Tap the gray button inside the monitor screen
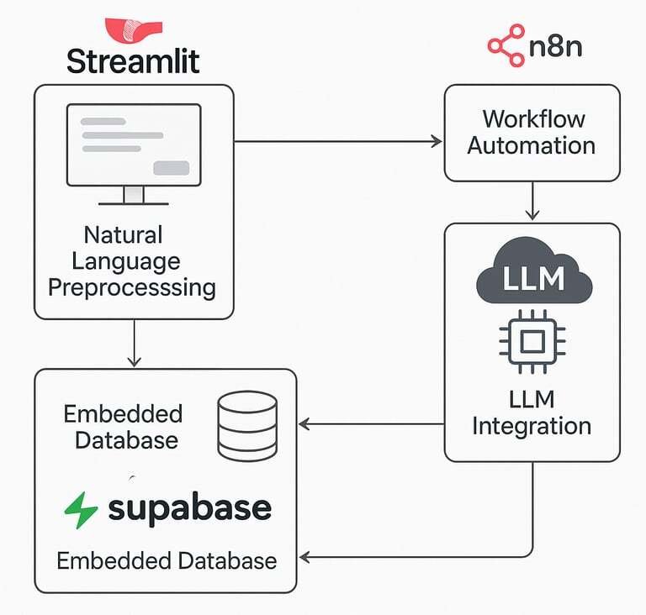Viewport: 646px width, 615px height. tap(171, 167)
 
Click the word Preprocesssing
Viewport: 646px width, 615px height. tap(132, 287)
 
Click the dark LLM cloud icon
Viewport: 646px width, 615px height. tap(532, 273)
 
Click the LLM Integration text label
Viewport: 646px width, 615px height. tap(532, 412)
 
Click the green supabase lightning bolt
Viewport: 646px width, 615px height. tap(82, 510)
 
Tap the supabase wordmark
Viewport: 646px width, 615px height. tap(189, 508)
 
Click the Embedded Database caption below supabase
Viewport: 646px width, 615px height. tap(167, 560)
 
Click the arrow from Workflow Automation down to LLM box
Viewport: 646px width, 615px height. tap(532, 202)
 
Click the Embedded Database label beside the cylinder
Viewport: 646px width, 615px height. tap(123, 426)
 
